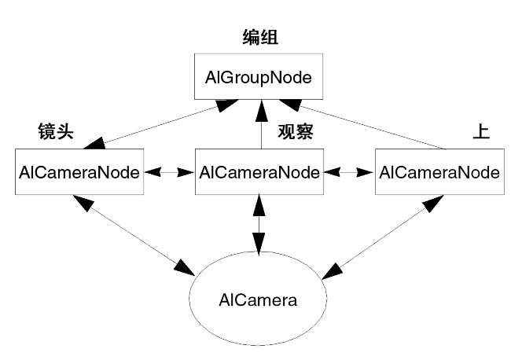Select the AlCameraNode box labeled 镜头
pyautogui.click(x=78, y=172)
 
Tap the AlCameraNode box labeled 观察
pyautogui.click(x=259, y=172)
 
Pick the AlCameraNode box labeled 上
pyautogui.click(x=439, y=172)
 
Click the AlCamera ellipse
pyautogui.click(x=259, y=300)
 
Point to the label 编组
pyautogui.click(x=259, y=39)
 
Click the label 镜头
pyautogui.click(x=55, y=131)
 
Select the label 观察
pyautogui.click(x=296, y=131)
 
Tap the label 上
pyautogui.click(x=480, y=131)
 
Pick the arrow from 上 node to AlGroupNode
pyautogui.click(x=369, y=126)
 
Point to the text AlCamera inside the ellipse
pyautogui.click(x=259, y=300)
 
